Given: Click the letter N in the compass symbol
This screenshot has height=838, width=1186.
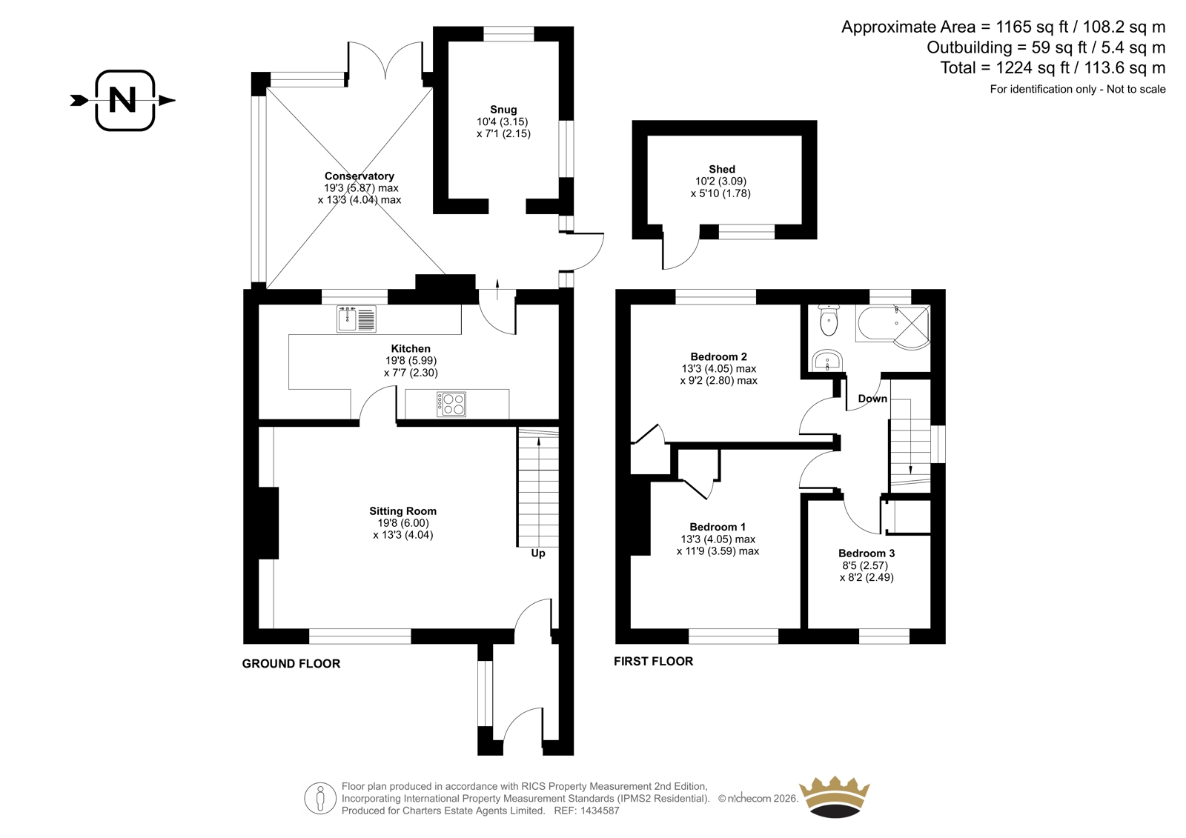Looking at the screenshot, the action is pyautogui.click(x=122, y=99).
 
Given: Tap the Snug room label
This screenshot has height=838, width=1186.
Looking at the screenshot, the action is pyautogui.click(x=503, y=110).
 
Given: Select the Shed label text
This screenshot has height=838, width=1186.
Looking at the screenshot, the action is pyautogui.click(x=722, y=169).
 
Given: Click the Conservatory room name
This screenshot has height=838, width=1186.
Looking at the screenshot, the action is pyautogui.click(x=359, y=176).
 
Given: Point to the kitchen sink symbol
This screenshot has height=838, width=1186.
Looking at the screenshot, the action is pyautogui.click(x=357, y=319).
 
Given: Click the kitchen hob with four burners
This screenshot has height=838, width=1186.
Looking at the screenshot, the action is pyautogui.click(x=451, y=404).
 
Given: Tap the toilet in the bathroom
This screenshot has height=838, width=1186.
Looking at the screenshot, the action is pyautogui.click(x=827, y=320).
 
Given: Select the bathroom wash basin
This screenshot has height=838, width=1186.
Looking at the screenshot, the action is pyautogui.click(x=827, y=361).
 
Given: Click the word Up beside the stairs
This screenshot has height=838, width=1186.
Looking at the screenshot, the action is pyautogui.click(x=538, y=553).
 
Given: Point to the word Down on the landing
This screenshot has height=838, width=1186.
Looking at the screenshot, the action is pyautogui.click(x=872, y=399).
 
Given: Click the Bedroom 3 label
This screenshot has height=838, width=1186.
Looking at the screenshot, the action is pyautogui.click(x=867, y=553).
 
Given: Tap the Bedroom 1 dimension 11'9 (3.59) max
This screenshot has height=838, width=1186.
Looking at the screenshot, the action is pyautogui.click(x=718, y=551).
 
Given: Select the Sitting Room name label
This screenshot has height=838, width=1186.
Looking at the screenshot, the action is pyautogui.click(x=403, y=511).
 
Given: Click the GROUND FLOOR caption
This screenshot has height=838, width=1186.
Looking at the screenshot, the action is pyautogui.click(x=291, y=663).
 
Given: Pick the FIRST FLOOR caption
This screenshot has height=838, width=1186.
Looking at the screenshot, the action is pyautogui.click(x=653, y=661).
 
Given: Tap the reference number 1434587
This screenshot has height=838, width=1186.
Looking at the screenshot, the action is pyautogui.click(x=599, y=811).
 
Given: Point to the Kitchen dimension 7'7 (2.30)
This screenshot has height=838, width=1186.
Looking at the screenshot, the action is pyautogui.click(x=411, y=373).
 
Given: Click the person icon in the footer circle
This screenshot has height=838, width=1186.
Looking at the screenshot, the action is pyautogui.click(x=319, y=798).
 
